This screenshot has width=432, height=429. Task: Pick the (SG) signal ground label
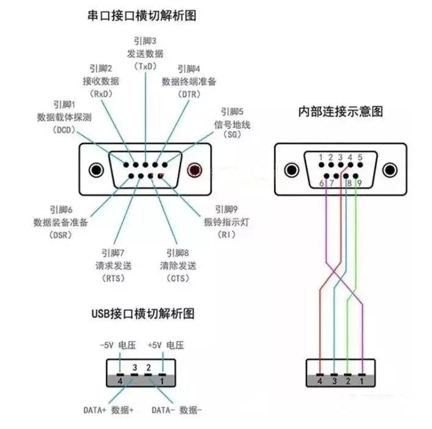(231, 137)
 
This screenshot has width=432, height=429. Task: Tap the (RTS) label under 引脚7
(114, 278)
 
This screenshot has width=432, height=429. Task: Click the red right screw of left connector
(195, 171)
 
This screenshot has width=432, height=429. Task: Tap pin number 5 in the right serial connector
(360, 157)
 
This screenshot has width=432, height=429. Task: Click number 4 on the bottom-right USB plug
(320, 381)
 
